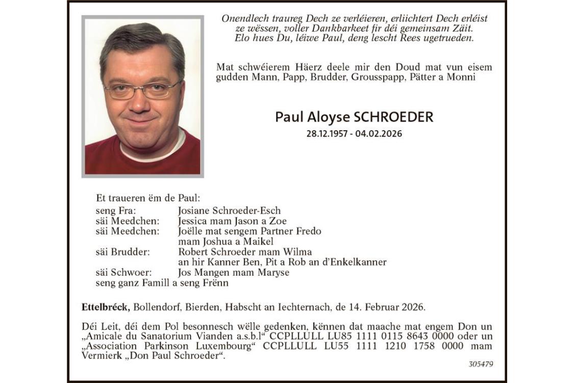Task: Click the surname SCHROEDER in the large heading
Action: tap(393, 117)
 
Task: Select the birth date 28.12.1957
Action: tap(327, 134)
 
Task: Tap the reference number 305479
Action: tap(481, 364)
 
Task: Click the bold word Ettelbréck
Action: tap(106, 307)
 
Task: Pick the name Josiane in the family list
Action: tap(196, 210)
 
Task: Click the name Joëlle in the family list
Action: tap(192, 231)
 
